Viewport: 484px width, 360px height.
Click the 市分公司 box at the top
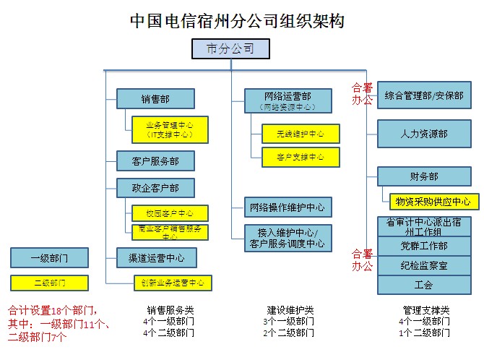point(230,49)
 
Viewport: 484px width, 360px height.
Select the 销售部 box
point(156,99)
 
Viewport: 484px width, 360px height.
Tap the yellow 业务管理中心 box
point(170,129)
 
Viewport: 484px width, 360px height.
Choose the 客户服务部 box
point(156,160)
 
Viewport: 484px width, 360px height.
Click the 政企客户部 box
point(156,188)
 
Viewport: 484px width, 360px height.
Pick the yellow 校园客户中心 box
point(170,213)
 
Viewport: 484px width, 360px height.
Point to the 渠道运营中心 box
point(156,257)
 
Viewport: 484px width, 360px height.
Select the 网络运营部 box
point(288,100)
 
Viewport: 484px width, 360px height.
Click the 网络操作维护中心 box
point(288,207)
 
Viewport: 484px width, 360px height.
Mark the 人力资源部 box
point(424,134)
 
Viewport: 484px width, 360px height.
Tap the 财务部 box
point(424,176)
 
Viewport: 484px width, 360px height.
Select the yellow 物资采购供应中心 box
point(434,201)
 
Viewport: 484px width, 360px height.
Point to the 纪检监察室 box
point(424,265)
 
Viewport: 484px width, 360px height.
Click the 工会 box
point(424,285)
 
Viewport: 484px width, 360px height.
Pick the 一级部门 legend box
point(49,257)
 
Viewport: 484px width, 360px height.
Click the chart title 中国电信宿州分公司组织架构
point(237,21)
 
